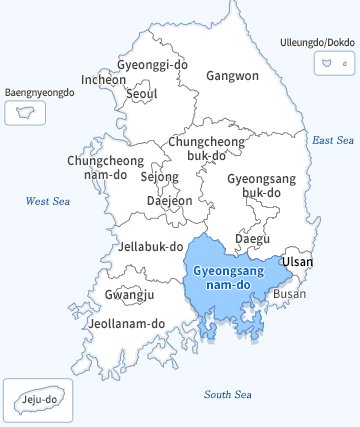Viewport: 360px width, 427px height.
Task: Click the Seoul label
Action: click(x=142, y=94)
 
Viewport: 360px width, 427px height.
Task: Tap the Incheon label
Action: click(x=104, y=79)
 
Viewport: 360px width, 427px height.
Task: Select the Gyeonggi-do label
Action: click(x=152, y=65)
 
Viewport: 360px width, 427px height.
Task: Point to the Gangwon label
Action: click(x=232, y=76)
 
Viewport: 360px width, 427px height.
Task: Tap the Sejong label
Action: click(x=159, y=177)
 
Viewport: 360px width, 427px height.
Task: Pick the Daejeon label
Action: click(x=169, y=200)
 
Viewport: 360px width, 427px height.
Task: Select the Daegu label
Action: click(x=252, y=238)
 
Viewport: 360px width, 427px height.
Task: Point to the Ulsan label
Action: click(x=297, y=262)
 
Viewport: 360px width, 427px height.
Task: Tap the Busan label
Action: click(x=290, y=294)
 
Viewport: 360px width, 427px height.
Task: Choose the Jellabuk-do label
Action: click(x=151, y=246)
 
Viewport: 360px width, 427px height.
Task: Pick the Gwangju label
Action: click(x=129, y=295)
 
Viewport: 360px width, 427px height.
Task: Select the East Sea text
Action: click(x=333, y=140)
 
